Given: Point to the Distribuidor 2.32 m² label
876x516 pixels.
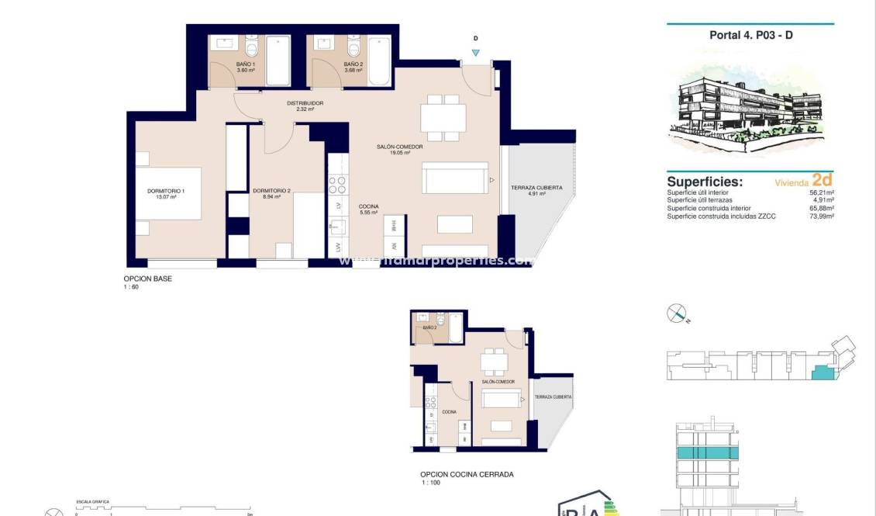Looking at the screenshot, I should pos(305,106).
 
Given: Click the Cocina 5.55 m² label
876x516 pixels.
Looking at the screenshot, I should pos(369,209).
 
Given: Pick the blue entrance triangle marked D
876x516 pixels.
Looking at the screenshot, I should pos(475,53).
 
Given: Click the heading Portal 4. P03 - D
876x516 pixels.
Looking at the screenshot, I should pos(750,35).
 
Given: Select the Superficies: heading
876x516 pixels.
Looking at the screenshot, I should pos(705,182).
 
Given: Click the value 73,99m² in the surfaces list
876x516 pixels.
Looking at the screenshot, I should pos(822,216).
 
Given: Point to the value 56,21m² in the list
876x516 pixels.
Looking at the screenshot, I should pos(822,192).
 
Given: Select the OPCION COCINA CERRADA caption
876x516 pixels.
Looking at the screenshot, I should pos(467,475).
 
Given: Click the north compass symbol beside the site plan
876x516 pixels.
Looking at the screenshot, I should pos(677,314).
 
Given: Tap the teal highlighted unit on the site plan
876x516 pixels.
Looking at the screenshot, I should pos(820,373).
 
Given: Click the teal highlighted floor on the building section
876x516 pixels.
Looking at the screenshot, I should pos(706,452).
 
